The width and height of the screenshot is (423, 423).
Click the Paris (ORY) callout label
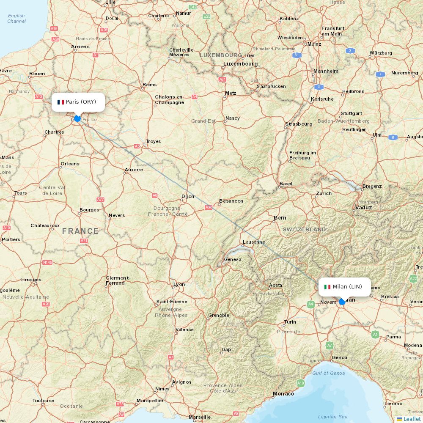tap(78, 102)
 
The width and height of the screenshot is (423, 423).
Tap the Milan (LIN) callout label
tap(345, 287)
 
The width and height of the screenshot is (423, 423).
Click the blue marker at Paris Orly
tap(77, 118)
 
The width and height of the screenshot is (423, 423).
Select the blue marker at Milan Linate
tap(342, 302)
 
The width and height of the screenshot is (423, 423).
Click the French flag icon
tap(60, 102)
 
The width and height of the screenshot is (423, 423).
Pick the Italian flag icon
tap(327, 287)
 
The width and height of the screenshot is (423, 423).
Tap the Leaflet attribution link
tap(412, 419)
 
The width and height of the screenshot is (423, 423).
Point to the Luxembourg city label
tap(240, 64)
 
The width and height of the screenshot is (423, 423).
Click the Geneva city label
tap(233, 259)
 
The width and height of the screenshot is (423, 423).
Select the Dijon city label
tap(188, 196)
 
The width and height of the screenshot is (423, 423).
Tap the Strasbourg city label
tap(299, 124)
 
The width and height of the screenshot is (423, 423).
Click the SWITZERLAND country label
tap(304, 229)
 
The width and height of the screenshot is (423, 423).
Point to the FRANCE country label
tap(80, 231)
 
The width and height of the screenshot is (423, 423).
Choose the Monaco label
tap(283, 394)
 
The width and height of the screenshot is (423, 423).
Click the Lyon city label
tap(179, 284)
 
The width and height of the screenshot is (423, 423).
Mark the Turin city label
tap(290, 322)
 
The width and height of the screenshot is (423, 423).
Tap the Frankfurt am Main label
tap(333, 31)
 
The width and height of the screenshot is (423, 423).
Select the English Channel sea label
tap(16, 19)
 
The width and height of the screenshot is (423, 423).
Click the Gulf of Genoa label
tap(328, 373)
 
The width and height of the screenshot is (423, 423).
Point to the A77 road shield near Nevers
tap(100, 199)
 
